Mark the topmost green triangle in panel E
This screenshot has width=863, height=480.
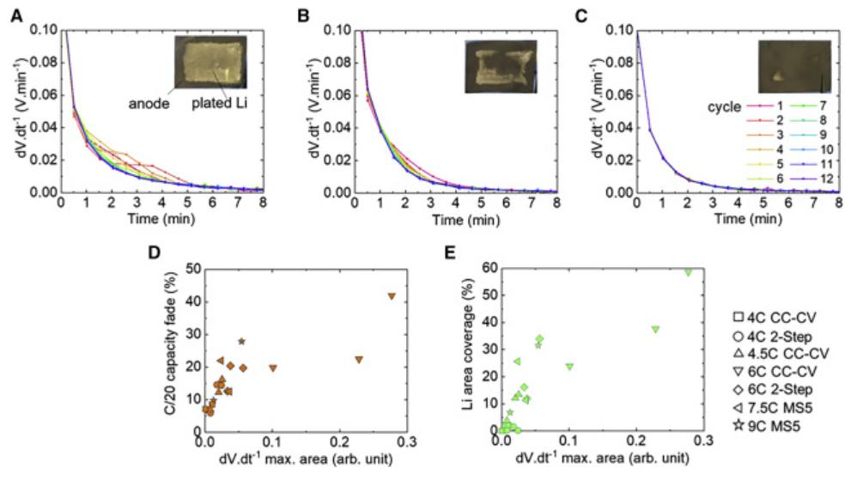[688, 272]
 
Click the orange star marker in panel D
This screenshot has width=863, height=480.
[242, 342]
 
